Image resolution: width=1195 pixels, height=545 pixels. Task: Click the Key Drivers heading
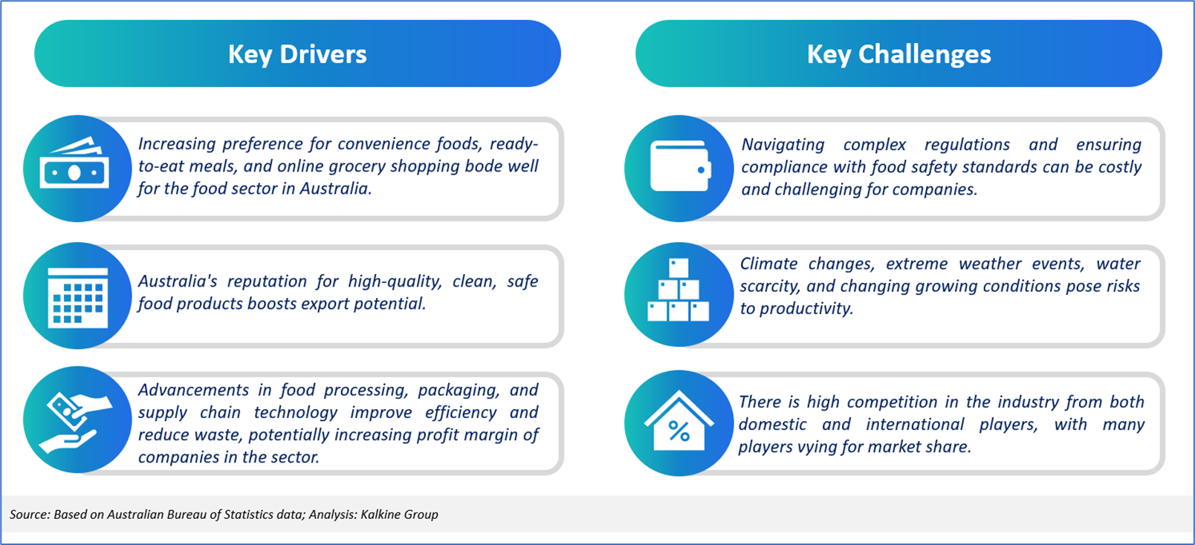click(297, 54)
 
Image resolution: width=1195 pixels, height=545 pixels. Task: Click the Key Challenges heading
click(899, 54)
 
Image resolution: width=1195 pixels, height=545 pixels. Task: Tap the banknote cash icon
click(74, 163)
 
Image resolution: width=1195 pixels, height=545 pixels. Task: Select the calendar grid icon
click(78, 298)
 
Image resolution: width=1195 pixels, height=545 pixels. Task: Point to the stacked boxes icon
click(678, 290)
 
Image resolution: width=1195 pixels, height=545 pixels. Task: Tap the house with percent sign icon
click(679, 421)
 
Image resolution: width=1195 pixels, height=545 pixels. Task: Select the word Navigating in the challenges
click(783, 145)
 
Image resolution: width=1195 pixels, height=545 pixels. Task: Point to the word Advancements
click(193, 390)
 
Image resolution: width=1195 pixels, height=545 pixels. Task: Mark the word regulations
click(967, 145)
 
